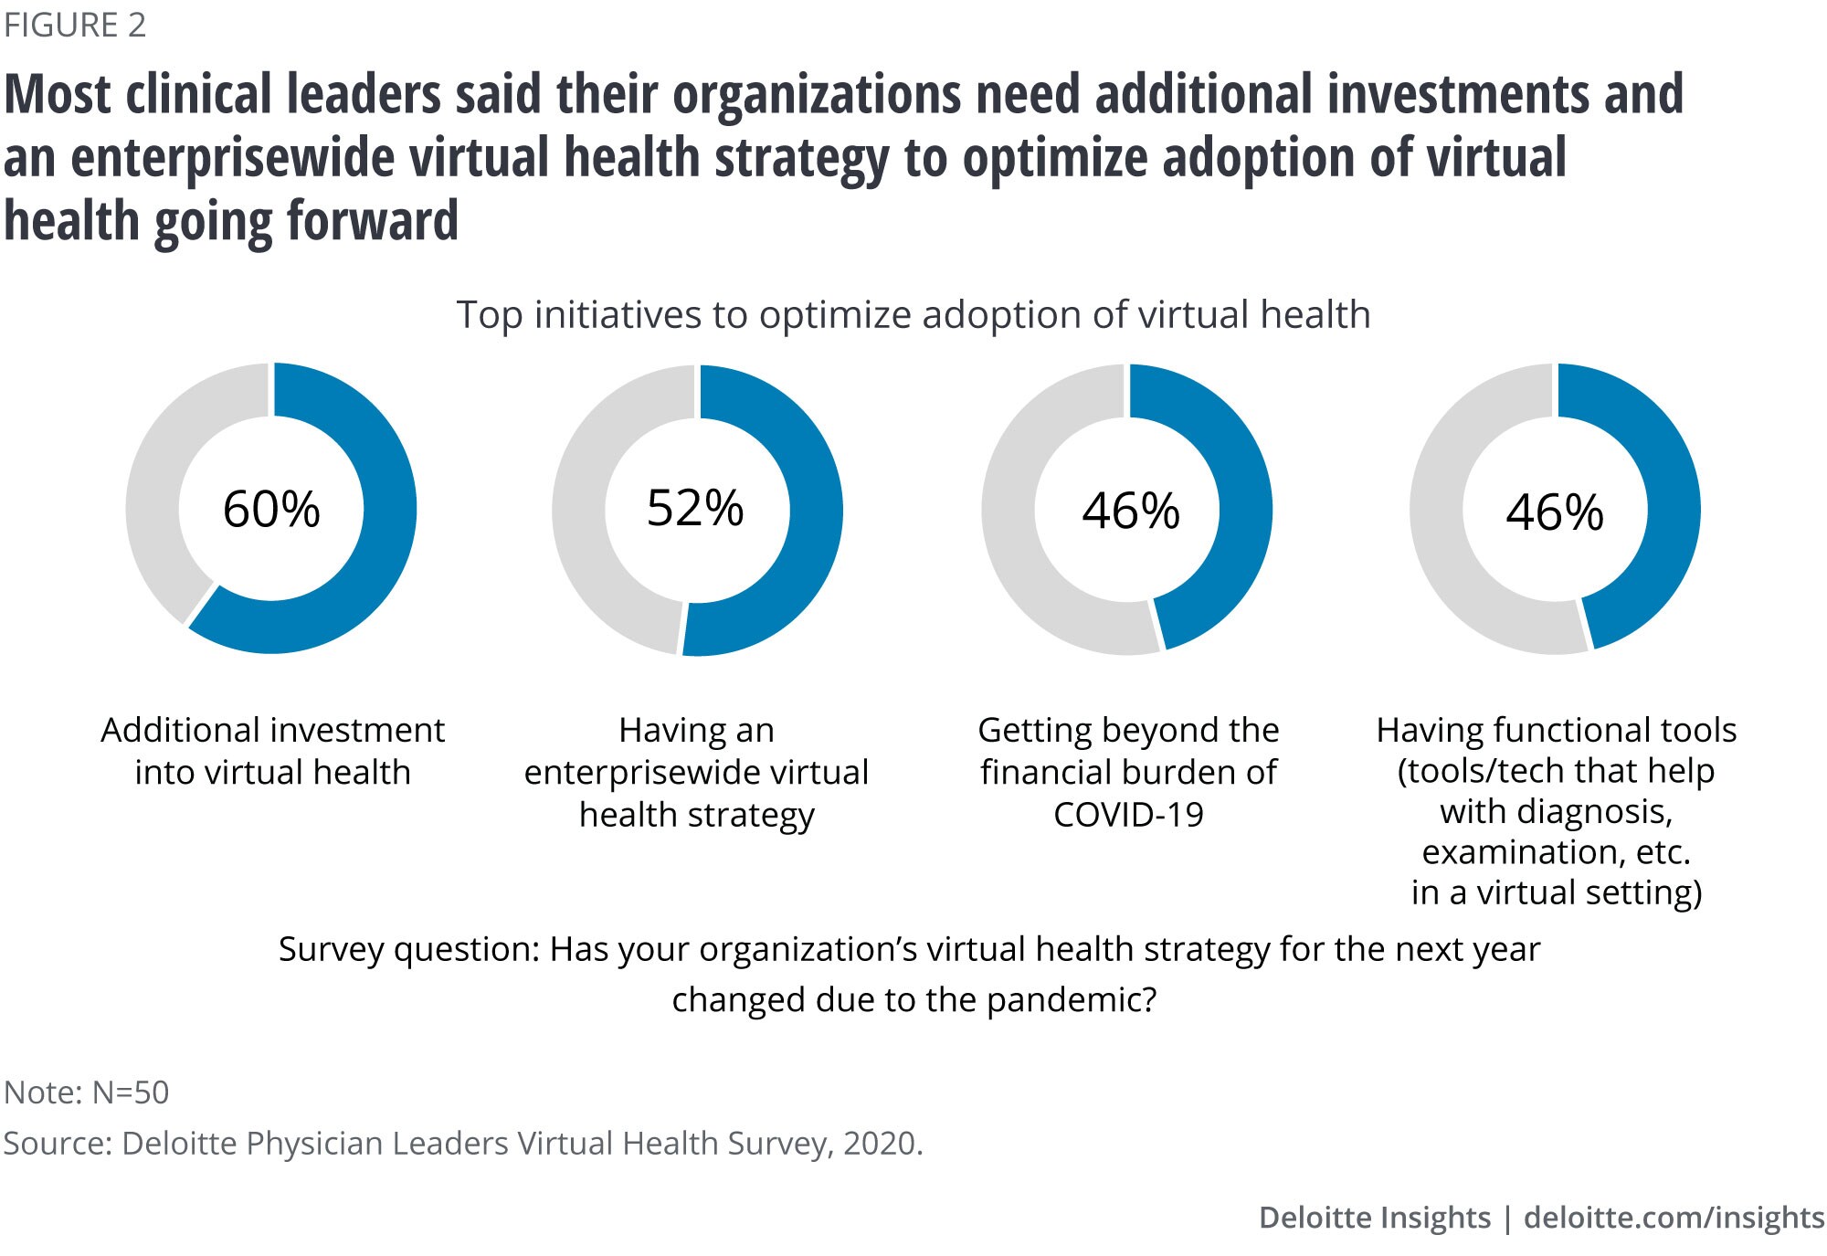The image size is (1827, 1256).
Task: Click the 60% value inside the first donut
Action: click(x=271, y=509)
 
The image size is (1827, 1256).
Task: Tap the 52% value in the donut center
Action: click(x=695, y=508)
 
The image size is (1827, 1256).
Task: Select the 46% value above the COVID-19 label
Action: click(x=1130, y=511)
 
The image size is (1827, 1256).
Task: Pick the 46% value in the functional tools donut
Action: click(x=1554, y=512)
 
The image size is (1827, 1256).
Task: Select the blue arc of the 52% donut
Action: click(x=808, y=530)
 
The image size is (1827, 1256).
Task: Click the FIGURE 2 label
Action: click(x=75, y=26)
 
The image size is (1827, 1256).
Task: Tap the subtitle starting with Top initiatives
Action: click(x=913, y=315)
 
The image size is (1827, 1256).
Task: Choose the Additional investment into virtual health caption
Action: click(x=272, y=751)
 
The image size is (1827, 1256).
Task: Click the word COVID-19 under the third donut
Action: click(x=1128, y=815)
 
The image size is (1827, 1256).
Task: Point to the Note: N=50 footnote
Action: click(x=87, y=1092)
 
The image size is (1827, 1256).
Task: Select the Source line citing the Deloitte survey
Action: click(x=463, y=1144)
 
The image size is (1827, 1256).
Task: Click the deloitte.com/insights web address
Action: click(x=1674, y=1218)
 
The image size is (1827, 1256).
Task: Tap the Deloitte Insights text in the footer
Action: click(x=1374, y=1218)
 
